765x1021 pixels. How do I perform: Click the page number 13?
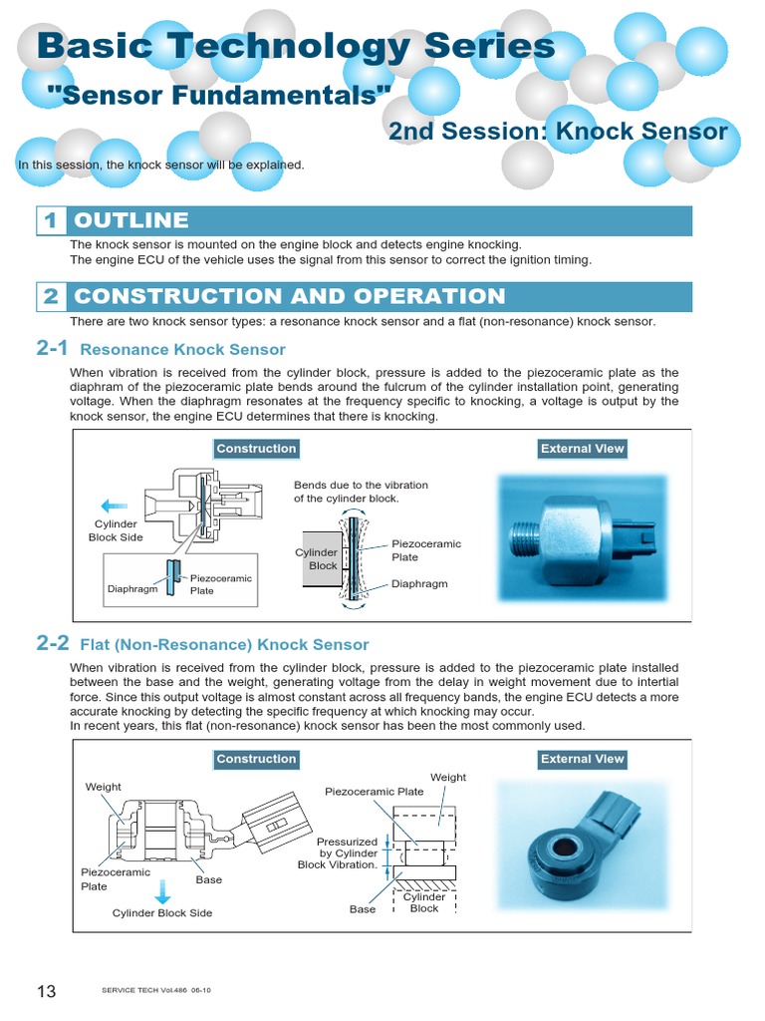(x=47, y=990)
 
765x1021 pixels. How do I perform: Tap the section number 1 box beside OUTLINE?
(x=51, y=220)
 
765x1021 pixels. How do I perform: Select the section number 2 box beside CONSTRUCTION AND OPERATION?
(x=51, y=296)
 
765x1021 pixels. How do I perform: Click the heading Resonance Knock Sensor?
(x=182, y=350)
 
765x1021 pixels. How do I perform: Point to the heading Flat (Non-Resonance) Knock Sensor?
(x=224, y=645)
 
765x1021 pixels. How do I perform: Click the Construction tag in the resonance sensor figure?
(x=256, y=449)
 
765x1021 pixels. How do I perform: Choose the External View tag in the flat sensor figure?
(x=582, y=759)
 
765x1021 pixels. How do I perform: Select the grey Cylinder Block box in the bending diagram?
(x=323, y=559)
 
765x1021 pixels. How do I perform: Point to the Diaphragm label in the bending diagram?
(x=419, y=584)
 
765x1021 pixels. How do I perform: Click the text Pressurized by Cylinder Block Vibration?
(x=338, y=852)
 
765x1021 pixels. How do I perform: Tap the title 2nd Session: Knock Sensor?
(x=558, y=132)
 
